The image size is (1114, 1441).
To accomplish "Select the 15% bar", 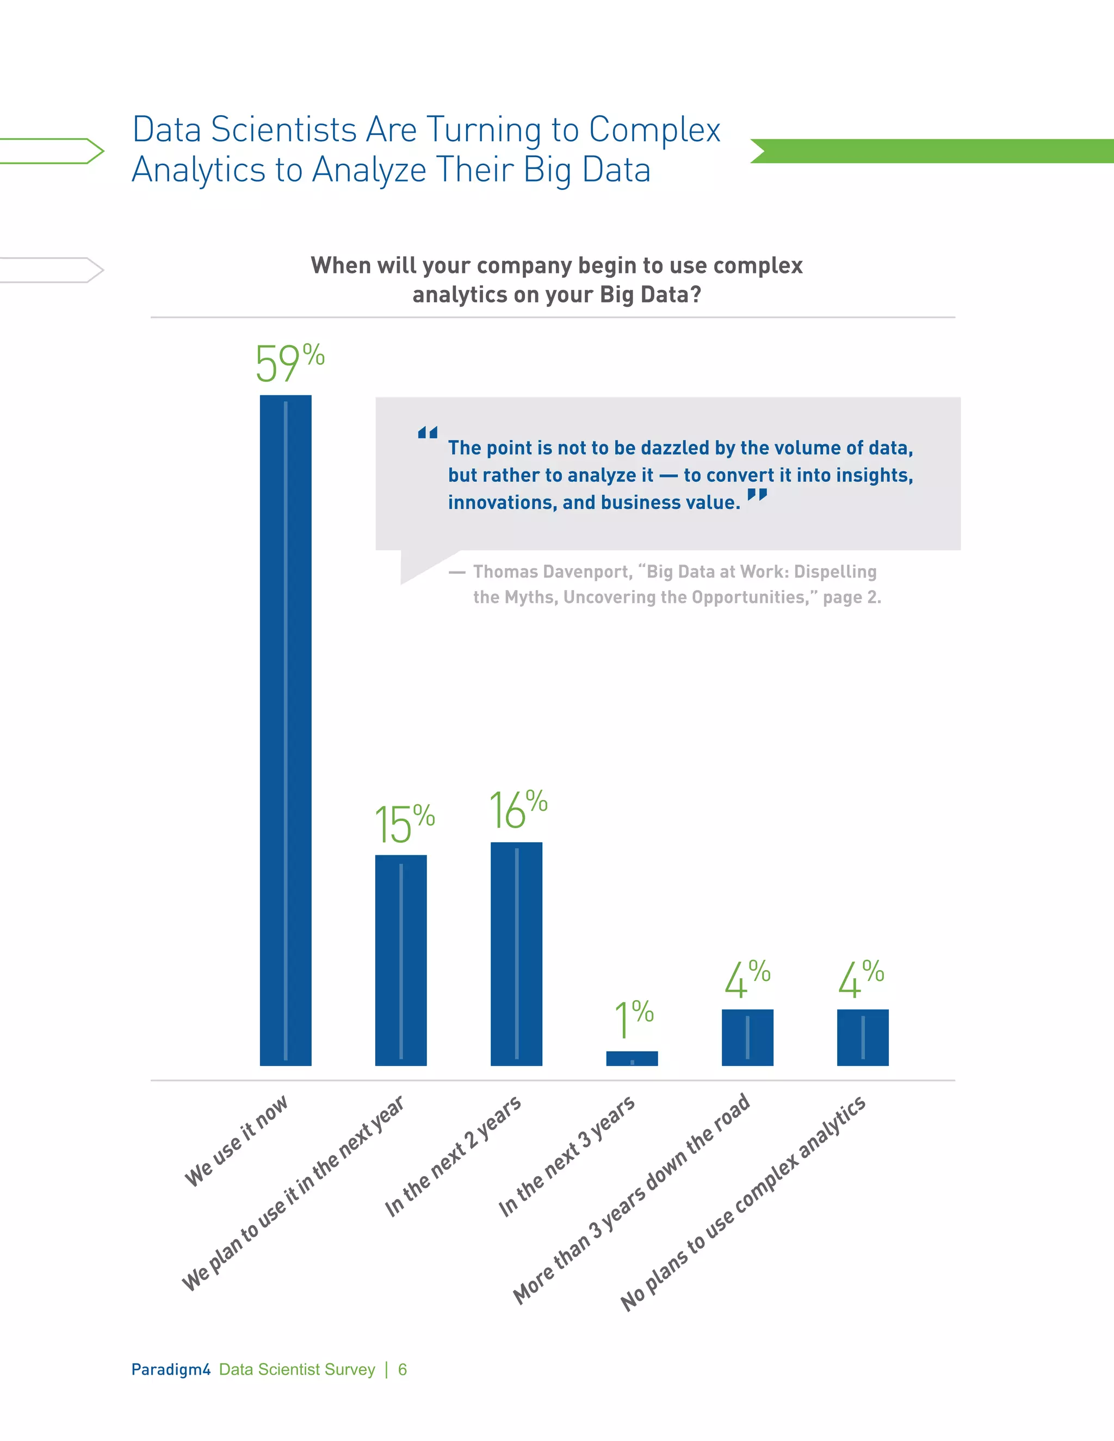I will click(x=400, y=960).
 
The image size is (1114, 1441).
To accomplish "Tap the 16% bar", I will click(x=516, y=953).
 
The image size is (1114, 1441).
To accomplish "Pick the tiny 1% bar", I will click(x=632, y=1058).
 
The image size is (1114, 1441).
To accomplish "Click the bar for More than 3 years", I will click(x=747, y=1037).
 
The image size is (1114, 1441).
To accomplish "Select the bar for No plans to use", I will click(x=863, y=1037).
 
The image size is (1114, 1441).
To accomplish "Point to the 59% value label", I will click(x=289, y=363).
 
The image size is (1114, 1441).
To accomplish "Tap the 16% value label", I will click(x=517, y=810).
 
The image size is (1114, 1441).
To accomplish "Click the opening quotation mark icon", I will click(x=428, y=433).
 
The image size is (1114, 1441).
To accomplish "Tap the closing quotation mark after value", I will click(x=757, y=494).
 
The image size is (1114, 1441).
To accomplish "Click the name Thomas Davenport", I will click(x=551, y=572).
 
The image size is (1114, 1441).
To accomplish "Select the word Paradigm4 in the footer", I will click(x=170, y=1369).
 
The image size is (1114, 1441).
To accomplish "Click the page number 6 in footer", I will click(x=403, y=1370).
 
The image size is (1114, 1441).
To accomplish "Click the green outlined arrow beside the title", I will click(x=53, y=151).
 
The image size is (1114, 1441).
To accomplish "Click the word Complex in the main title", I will click(x=654, y=129).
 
